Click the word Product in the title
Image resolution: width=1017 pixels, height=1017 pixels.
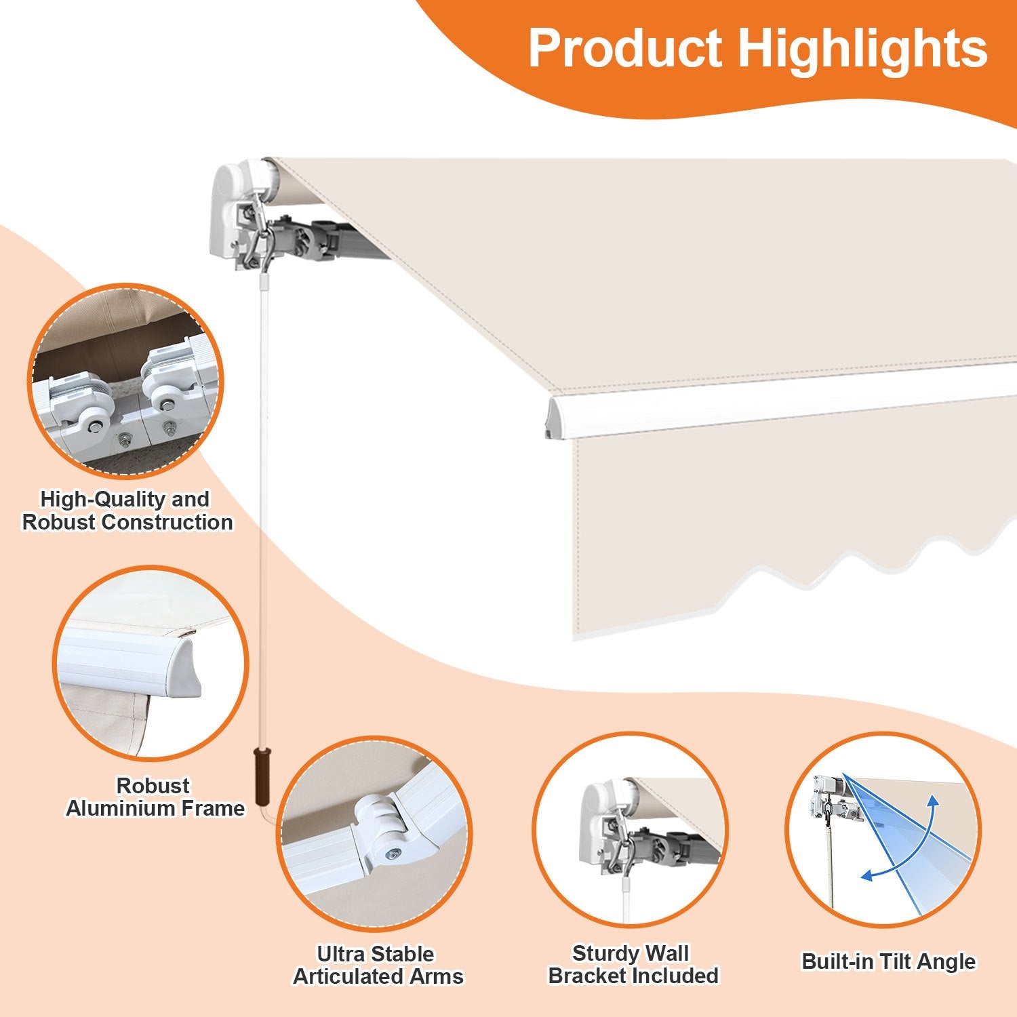[625, 49]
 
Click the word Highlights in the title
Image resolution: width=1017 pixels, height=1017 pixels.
[862, 49]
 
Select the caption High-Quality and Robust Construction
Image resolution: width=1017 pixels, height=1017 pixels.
[127, 511]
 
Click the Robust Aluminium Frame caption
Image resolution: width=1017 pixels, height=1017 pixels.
[155, 797]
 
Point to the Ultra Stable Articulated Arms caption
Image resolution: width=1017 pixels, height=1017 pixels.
[378, 965]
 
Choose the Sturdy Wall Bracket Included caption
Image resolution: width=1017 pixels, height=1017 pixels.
[633, 964]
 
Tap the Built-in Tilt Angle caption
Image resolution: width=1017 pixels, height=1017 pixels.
[888, 961]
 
